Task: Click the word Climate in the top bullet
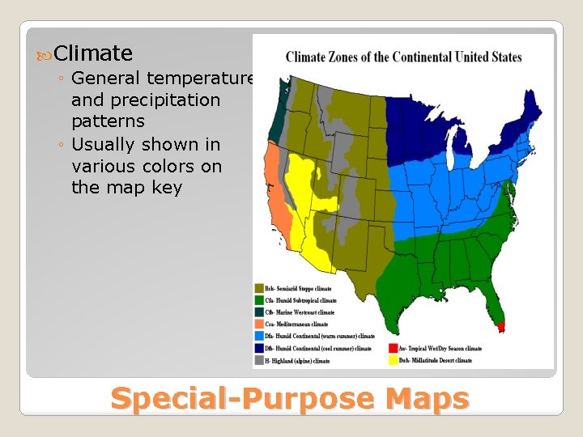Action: [x=94, y=53]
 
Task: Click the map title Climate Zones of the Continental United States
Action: [x=403, y=57]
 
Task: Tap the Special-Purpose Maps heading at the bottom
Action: [x=290, y=399]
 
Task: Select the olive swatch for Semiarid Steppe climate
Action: [x=259, y=288]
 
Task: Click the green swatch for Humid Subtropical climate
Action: [x=259, y=300]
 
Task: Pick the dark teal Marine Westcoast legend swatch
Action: [x=259, y=312]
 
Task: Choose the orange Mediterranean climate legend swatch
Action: [x=259, y=324]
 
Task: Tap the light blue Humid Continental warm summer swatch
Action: [x=259, y=336]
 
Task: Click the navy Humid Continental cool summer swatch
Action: [x=259, y=348]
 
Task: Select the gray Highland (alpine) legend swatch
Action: [x=259, y=360]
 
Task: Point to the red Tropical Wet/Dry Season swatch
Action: [x=394, y=348]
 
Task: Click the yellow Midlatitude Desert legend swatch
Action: [x=394, y=360]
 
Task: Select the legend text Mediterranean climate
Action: [x=299, y=324]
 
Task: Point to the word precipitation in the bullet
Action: [x=146, y=100]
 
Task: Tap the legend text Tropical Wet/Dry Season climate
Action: [x=440, y=348]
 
